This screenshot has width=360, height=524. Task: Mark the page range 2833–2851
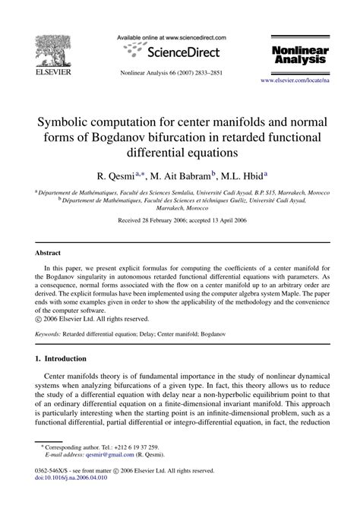(219, 73)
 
